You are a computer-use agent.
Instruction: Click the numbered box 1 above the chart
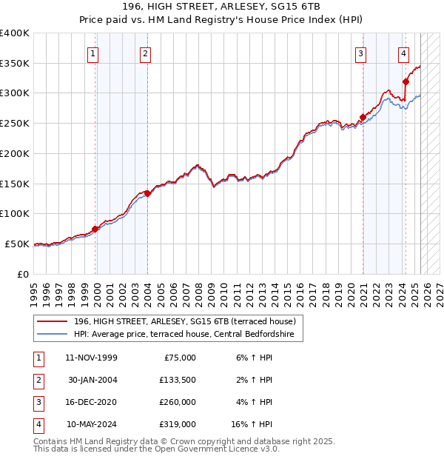pos(93,53)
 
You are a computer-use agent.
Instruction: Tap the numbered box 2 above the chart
pos(145,53)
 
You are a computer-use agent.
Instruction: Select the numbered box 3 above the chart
pos(360,53)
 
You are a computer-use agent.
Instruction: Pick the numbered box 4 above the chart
pos(403,53)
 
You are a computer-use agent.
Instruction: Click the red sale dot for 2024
pos(406,82)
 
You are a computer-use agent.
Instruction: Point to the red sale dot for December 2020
pos(363,117)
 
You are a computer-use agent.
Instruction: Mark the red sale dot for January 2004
pos(147,193)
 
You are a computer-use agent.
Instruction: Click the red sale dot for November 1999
pos(95,229)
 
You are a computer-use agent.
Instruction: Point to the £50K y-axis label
pos(18,244)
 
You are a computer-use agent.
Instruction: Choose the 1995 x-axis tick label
pos(33,289)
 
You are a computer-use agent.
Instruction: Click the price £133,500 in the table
pos(178,380)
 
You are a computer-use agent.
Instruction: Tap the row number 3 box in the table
pos(38,402)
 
